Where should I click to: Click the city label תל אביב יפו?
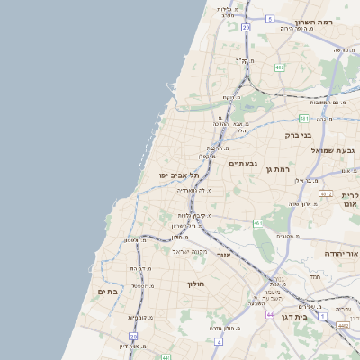[179, 175]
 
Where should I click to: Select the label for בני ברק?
[298, 135]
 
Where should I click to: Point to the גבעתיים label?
[244, 163]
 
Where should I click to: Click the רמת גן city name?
[283, 168]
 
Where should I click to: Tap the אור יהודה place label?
[339, 254]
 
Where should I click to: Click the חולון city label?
[197, 283]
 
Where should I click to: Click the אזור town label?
[224, 255]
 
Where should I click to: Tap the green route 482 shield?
[280, 66]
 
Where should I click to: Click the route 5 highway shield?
[269, 18]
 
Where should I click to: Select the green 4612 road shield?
[325, 193]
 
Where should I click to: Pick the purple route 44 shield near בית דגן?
[269, 315]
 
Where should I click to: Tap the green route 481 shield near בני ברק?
[304, 118]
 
